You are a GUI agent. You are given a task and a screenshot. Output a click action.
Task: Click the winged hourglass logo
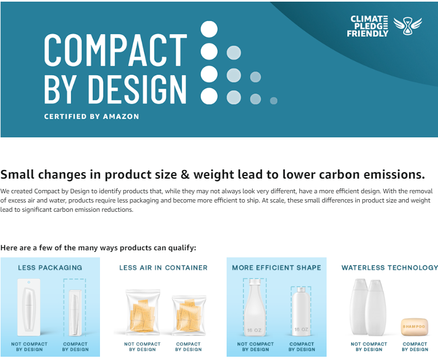click(408, 26)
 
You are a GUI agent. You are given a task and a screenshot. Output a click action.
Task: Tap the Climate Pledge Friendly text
click(367, 26)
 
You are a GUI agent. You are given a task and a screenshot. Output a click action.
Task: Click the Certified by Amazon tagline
click(91, 116)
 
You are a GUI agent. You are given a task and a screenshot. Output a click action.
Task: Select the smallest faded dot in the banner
click(274, 101)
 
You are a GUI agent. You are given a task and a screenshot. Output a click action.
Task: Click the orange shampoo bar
click(414, 327)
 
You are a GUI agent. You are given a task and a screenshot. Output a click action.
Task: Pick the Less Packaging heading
click(50, 268)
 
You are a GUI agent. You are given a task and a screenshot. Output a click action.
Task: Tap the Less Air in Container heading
click(164, 268)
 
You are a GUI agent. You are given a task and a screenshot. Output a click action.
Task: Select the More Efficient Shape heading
click(277, 268)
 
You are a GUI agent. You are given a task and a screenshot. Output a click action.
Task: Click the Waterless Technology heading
click(390, 268)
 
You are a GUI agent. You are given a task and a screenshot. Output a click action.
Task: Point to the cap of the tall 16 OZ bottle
click(254, 282)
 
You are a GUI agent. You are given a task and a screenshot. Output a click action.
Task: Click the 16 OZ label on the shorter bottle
click(302, 329)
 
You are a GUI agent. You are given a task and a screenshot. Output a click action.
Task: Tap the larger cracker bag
click(143, 312)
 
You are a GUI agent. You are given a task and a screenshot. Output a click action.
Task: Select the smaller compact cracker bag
click(189, 315)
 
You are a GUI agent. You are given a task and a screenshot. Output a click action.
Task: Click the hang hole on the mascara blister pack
click(29, 282)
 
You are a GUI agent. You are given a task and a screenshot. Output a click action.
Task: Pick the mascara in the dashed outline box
click(75, 313)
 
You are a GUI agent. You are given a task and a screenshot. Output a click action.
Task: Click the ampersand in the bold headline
click(185, 174)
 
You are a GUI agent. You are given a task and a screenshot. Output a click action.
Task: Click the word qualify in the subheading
click(182, 248)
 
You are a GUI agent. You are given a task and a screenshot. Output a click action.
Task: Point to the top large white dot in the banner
click(209, 29)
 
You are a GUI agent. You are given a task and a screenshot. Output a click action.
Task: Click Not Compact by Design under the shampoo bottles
click(369, 346)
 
